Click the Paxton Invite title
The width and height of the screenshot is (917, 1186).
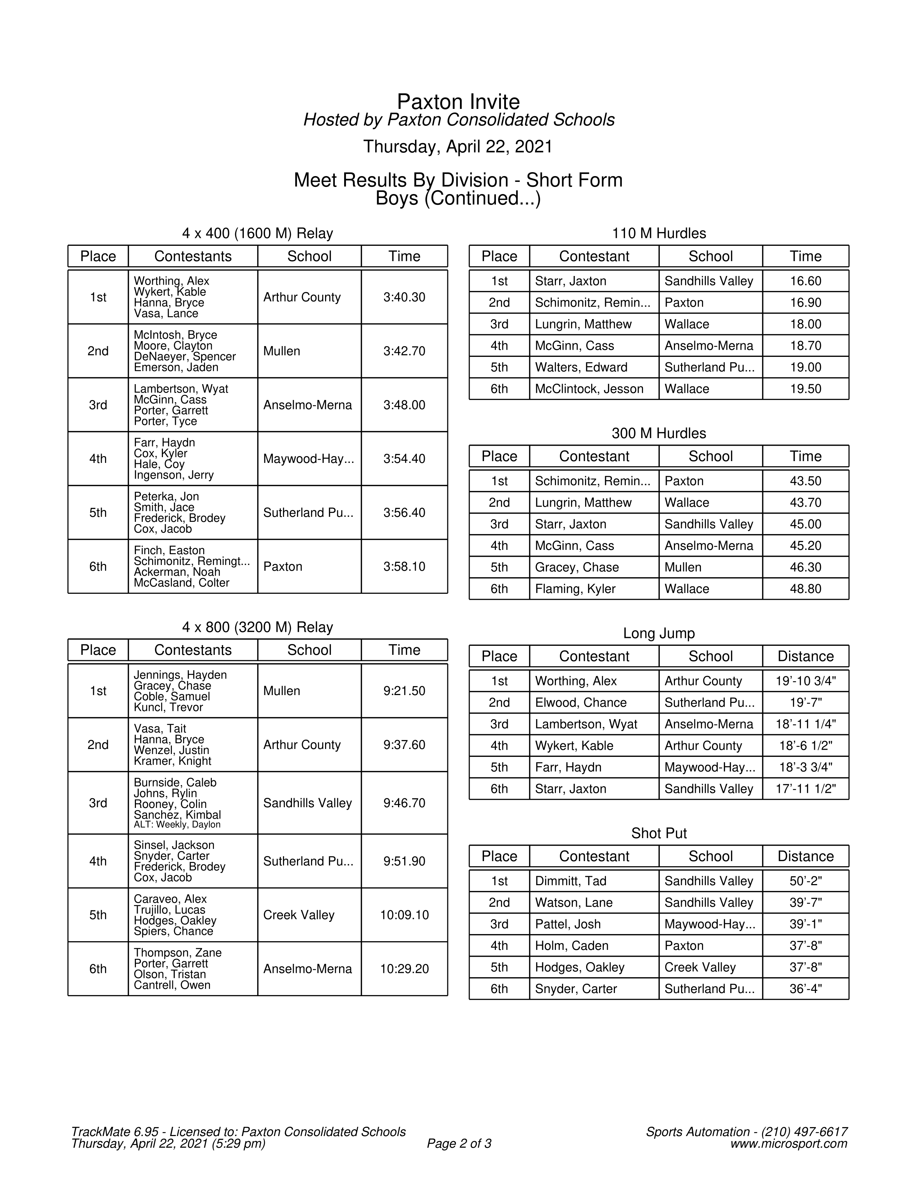[x=458, y=102]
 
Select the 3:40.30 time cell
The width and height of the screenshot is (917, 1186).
[x=404, y=297]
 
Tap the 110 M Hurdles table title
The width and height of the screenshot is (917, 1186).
[x=658, y=234]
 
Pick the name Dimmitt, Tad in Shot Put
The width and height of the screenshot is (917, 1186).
[x=570, y=881]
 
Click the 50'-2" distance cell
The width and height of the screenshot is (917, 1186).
[x=805, y=881]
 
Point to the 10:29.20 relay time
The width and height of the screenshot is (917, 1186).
[x=404, y=969]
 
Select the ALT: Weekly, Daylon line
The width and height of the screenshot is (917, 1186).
[x=177, y=824]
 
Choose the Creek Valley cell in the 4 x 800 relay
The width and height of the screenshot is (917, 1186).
[x=299, y=915]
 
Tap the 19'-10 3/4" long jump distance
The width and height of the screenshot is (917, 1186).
[x=805, y=681]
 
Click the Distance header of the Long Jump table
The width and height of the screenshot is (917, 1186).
[x=805, y=656]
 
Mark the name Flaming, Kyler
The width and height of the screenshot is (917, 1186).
[x=575, y=589]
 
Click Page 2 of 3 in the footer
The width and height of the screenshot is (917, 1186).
[x=459, y=1144]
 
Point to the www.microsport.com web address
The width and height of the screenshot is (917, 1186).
[x=788, y=1144]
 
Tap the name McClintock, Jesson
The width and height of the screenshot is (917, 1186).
[x=589, y=389]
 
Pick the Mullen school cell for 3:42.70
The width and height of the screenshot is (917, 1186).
[x=282, y=351]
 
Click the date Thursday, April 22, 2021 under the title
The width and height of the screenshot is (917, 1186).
[x=458, y=147]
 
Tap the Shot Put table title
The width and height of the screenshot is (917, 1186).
[x=658, y=833]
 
